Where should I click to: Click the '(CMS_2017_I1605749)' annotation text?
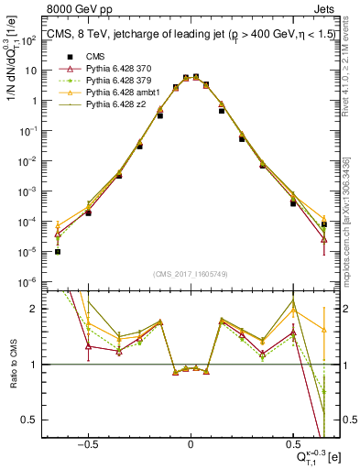coord(191,274)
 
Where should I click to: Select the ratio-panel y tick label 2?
coord(38,309)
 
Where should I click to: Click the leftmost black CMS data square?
coord(58,251)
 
